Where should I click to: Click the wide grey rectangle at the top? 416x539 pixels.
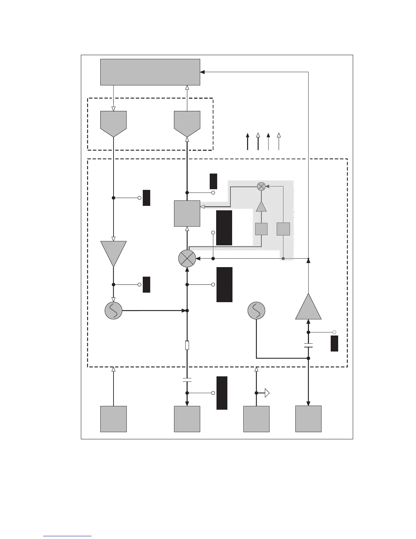150,72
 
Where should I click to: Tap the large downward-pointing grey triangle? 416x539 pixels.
114,252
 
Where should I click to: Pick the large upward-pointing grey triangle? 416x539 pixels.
308,308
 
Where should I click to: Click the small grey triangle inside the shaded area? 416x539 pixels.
261,207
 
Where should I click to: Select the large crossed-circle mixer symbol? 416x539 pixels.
187,259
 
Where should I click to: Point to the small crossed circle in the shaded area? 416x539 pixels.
261,186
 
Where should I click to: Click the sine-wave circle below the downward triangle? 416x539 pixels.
114,310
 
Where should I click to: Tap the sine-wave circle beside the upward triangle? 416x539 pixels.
256,310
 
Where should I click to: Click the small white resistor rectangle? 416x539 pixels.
187,345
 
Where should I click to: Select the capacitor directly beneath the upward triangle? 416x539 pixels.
308,345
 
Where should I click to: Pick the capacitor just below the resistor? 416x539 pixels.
187,379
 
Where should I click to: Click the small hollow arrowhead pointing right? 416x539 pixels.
267,393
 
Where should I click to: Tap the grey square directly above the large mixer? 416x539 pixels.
187,213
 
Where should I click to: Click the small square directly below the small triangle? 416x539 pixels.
261,229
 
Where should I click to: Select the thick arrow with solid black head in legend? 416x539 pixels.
247,142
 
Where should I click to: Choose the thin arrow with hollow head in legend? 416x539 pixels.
279,142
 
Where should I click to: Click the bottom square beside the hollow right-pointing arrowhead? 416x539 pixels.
256,419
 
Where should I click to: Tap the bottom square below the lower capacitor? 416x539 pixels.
187,419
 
